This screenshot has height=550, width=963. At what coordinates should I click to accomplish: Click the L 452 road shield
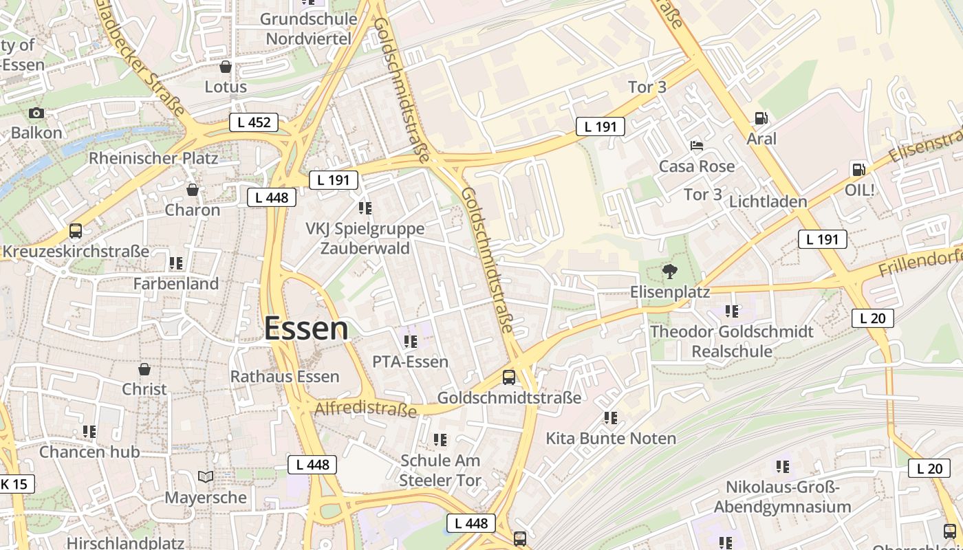pos(253,123)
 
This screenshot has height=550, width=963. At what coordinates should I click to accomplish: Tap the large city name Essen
pos(306,329)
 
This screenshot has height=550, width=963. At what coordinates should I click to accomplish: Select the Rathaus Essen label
pos(285,377)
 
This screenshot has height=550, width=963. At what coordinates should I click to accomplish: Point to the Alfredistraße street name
pos(365,410)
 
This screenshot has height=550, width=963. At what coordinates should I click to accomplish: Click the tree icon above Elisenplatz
pos(669,272)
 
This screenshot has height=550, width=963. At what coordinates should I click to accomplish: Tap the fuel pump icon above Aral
pos(761,118)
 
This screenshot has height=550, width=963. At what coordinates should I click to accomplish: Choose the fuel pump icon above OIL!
pos(858,169)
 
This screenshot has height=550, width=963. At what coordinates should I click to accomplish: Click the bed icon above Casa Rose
pos(697,146)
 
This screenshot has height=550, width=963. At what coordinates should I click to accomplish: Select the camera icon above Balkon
pos(36,113)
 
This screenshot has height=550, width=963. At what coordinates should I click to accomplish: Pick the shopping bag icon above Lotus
pos(225,67)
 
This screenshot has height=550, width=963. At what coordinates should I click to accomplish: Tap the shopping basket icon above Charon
pos(193,190)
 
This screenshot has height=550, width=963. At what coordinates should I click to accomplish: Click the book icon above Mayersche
pos(205,476)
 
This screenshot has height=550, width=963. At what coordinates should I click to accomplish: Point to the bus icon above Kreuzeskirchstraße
pos(76,231)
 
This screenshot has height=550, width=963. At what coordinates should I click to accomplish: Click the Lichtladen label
pos(768,201)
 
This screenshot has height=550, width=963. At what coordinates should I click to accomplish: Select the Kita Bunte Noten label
pos(611,438)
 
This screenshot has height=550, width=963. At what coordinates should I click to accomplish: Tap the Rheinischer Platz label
pos(153,158)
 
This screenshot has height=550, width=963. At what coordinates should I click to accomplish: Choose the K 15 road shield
pos(14,484)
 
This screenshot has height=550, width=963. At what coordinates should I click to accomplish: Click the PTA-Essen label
pos(410,362)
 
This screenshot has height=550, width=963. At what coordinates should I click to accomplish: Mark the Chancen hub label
pos(89,452)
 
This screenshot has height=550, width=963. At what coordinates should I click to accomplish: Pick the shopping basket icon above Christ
pos(144,369)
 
